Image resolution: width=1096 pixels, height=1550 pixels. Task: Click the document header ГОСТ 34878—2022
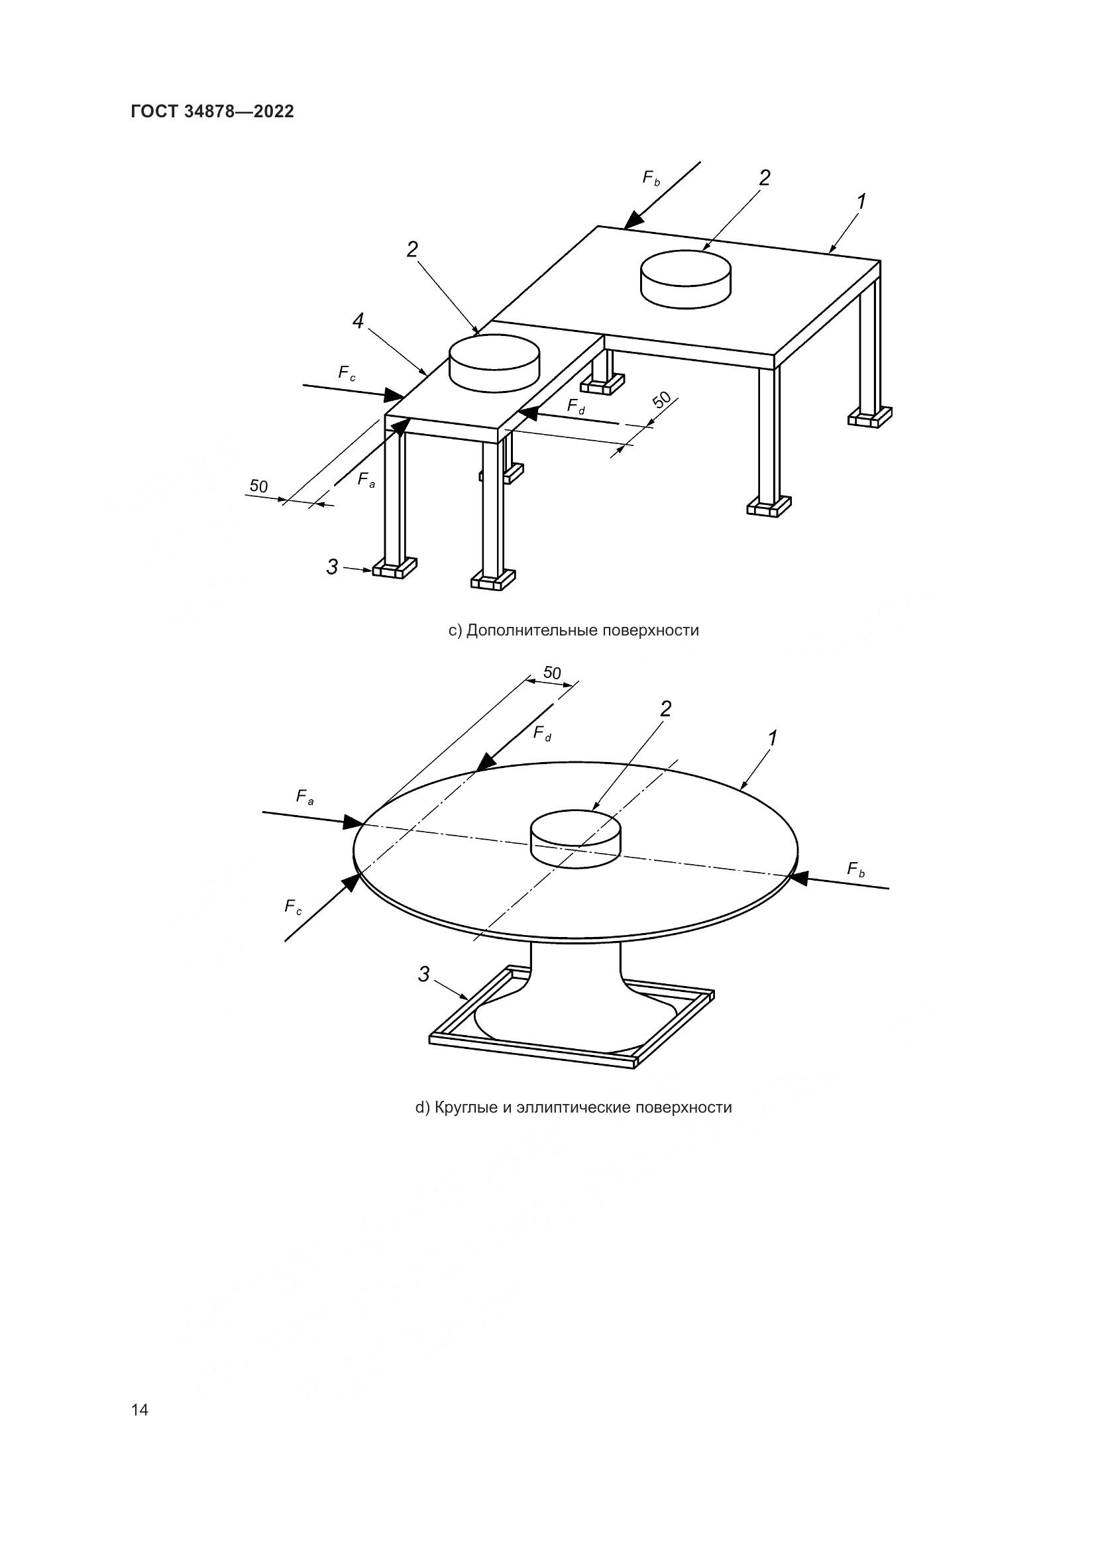click(x=212, y=111)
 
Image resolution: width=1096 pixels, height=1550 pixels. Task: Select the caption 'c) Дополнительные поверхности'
click(x=574, y=630)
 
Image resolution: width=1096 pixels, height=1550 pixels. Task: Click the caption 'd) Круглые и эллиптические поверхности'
click(x=574, y=1108)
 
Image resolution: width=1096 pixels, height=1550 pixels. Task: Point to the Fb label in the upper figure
click(x=651, y=179)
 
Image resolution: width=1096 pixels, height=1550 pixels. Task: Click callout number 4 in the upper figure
click(x=358, y=321)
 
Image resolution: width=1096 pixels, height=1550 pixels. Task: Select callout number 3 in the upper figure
click(x=332, y=567)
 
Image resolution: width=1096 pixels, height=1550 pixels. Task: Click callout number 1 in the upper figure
click(x=861, y=201)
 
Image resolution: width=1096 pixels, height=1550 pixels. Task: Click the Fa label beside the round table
click(x=305, y=797)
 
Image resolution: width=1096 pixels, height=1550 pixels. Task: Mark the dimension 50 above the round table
click(x=552, y=673)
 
